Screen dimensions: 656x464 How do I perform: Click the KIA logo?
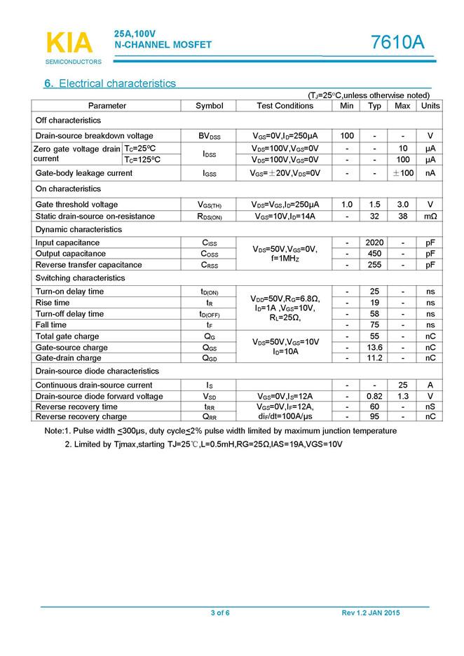pos(69,43)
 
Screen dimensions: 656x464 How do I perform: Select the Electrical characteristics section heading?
pos(110,83)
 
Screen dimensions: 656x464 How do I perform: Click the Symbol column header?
pos(209,106)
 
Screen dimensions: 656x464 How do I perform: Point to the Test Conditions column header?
pos(285,106)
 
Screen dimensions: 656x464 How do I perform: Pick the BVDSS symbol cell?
pos(209,136)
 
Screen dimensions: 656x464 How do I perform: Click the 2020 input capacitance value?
pos(375,242)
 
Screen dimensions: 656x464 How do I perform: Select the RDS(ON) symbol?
pos(209,217)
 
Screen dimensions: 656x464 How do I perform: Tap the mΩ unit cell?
pos(430,217)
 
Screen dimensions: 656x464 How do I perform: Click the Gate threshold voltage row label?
pos(77,205)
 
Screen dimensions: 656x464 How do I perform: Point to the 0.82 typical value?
pos(375,396)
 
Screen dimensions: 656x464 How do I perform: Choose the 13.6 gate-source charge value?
pos(375,348)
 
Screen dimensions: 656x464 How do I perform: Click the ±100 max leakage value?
pos(402,173)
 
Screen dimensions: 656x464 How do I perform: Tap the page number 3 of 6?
pos(220,613)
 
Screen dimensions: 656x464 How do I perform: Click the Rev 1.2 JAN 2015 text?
pos(371,613)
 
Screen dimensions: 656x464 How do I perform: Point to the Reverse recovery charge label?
pos(81,417)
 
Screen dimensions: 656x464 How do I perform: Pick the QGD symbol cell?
pos(209,358)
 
